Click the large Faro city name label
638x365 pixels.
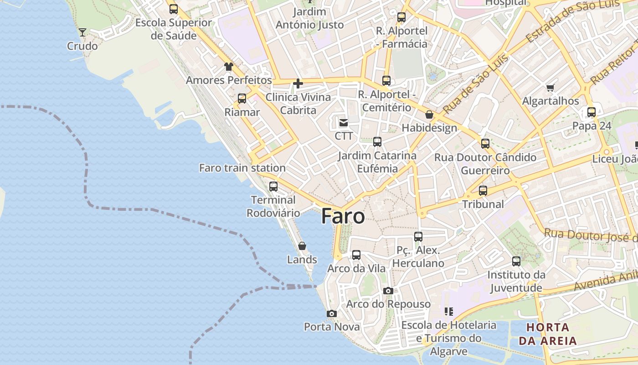tap(343, 216)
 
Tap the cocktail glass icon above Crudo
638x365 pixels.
tap(82, 32)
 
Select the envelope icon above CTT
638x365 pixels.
tap(343, 122)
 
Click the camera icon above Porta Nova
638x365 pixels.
tap(332, 313)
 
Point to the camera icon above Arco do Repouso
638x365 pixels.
tap(388, 291)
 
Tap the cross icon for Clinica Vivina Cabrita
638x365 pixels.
tap(298, 83)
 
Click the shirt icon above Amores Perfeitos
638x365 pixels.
tap(228, 67)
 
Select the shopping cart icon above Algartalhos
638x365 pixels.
tap(551, 88)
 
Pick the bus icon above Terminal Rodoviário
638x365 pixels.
tap(273, 186)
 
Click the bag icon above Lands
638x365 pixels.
tap(302, 246)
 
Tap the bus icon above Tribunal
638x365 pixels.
tap(483, 190)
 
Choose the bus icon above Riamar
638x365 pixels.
tap(242, 98)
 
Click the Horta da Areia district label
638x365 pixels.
tap(548, 334)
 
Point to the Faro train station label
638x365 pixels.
tap(242, 168)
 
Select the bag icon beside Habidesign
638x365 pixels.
tap(429, 115)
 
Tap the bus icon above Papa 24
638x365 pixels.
tap(592, 112)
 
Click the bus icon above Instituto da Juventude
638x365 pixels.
tap(516, 261)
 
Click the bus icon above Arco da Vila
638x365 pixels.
tap(356, 255)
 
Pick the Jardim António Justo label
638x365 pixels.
tap(310, 18)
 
